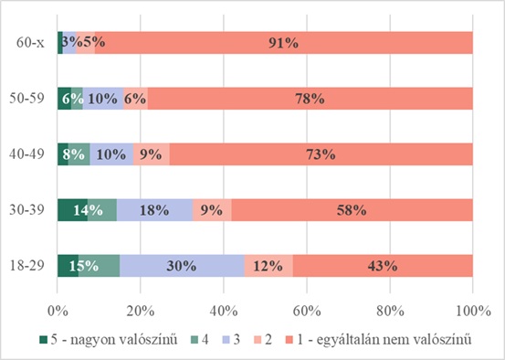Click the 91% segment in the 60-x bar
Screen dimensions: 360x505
click(x=283, y=42)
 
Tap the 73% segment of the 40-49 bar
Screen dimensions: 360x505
click(x=321, y=154)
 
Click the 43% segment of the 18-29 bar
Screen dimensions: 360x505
click(x=382, y=266)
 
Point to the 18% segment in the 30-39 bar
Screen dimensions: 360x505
click(x=154, y=210)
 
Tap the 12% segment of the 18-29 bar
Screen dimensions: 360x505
click(x=268, y=266)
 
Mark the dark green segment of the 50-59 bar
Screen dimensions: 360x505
click(x=64, y=99)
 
